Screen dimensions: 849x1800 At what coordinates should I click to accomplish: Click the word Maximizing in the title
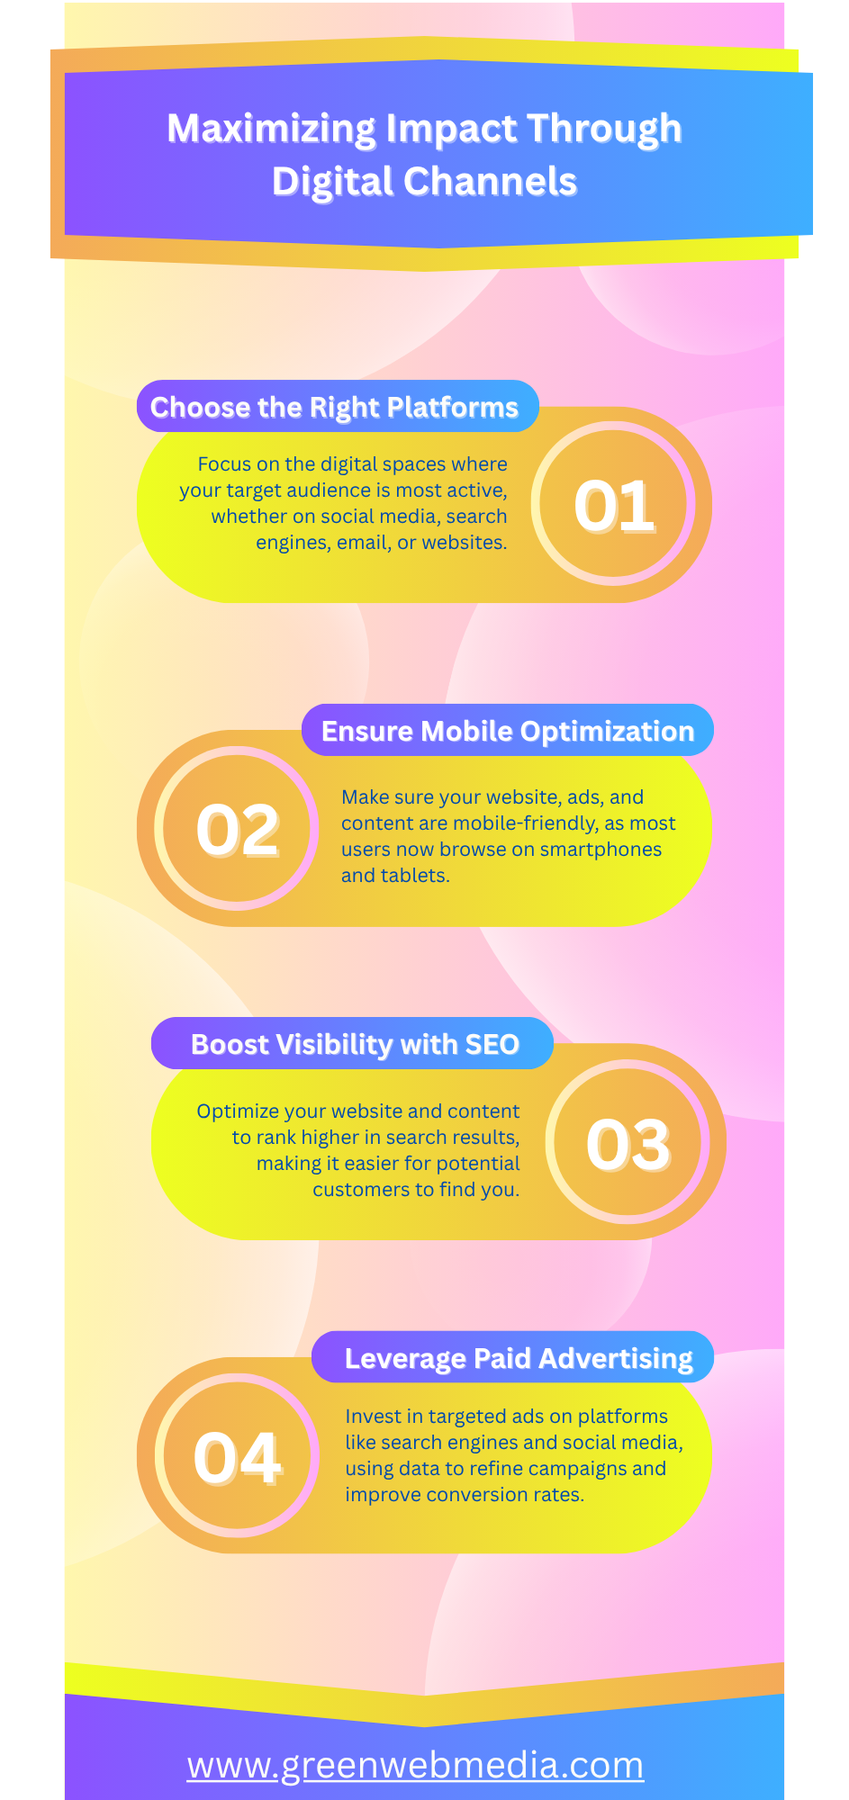coord(271,129)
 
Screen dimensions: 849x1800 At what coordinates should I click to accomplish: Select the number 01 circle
coord(614,505)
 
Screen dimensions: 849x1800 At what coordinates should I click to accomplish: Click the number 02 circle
coord(238,828)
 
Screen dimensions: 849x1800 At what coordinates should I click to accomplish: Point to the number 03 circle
coord(628,1143)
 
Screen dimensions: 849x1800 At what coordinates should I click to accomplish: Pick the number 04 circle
coord(238,1456)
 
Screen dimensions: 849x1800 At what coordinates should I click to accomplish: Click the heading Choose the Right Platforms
coord(334,407)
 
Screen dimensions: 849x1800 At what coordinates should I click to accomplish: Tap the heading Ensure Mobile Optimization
coord(508,731)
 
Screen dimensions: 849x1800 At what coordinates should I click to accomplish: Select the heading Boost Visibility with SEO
coord(355,1044)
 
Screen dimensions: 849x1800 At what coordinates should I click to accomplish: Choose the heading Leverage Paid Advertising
coord(519,1358)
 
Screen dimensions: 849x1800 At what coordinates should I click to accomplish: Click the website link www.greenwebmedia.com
coord(415,1765)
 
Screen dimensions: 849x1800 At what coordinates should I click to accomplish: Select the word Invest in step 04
coord(370,1417)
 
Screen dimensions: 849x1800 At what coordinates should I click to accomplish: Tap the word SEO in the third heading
coord(492,1044)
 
